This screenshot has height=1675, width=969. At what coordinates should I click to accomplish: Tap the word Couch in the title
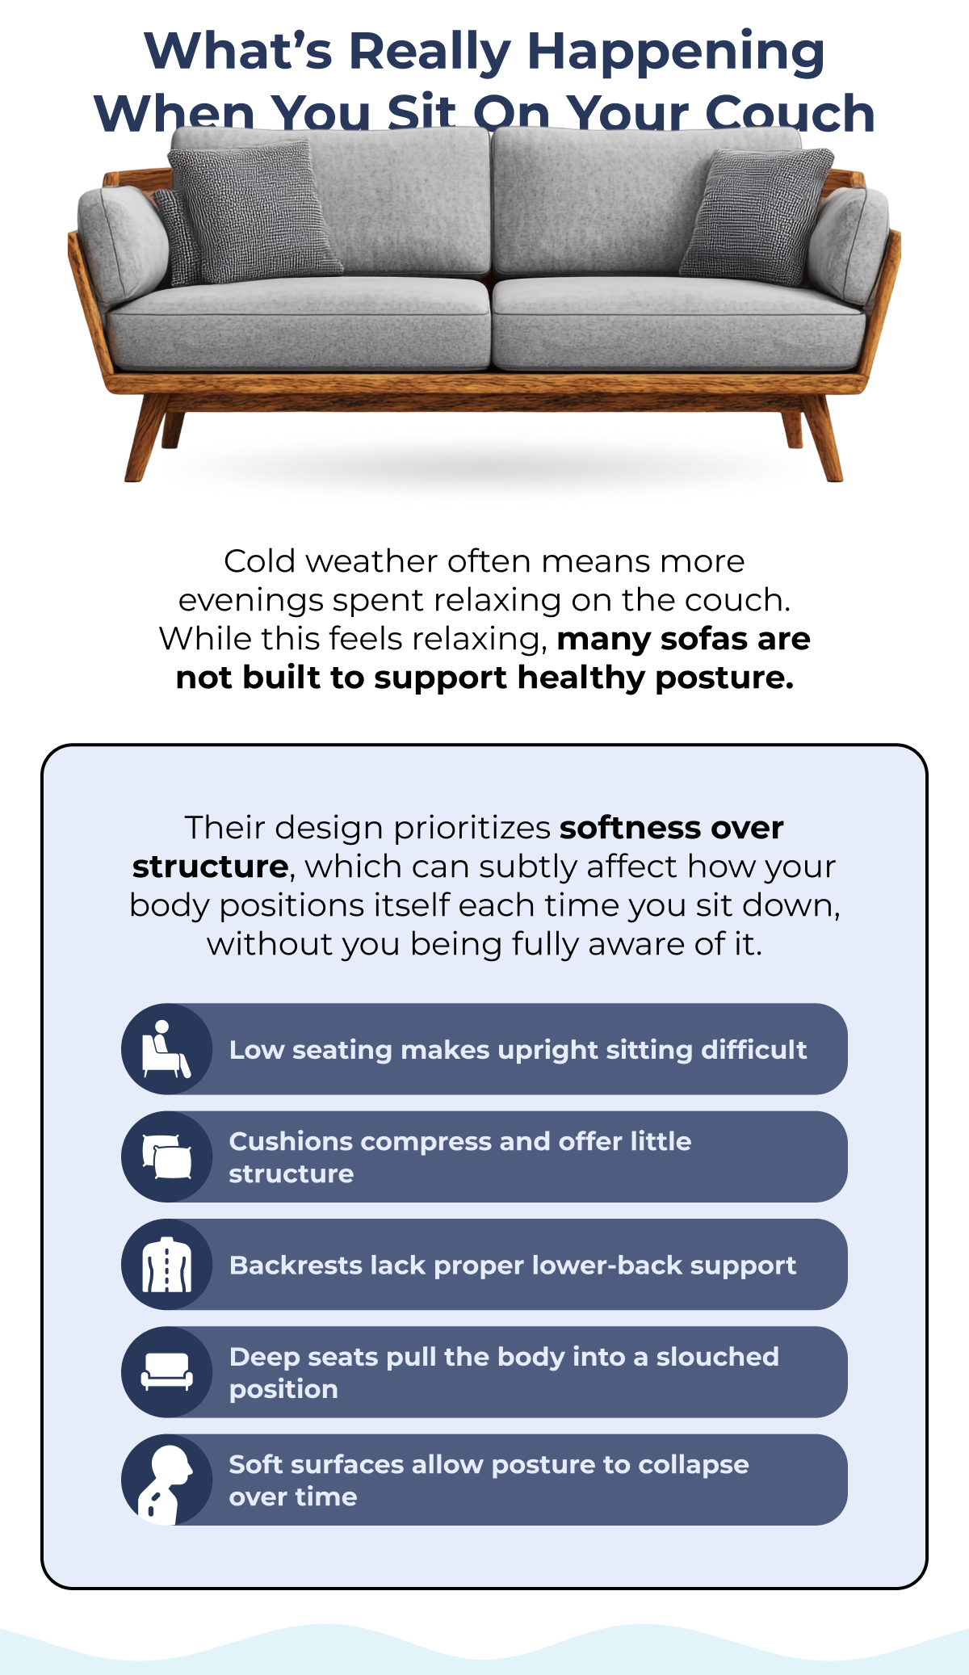(x=790, y=113)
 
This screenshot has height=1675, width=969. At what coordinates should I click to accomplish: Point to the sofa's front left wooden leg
(x=145, y=440)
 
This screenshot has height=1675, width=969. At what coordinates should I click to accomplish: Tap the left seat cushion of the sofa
(x=299, y=323)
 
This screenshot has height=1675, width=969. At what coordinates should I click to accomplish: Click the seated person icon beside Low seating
(x=166, y=1049)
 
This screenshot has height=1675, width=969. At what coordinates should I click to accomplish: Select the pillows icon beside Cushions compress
(x=166, y=1157)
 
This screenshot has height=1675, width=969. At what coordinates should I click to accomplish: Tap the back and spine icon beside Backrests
(x=166, y=1265)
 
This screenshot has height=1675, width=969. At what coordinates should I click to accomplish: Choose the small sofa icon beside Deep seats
(x=166, y=1371)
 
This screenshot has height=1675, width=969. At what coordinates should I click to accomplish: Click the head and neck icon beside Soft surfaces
(x=166, y=1480)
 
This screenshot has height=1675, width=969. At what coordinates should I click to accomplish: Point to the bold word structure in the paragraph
(x=210, y=867)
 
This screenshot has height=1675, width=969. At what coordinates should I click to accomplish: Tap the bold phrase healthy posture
(x=655, y=678)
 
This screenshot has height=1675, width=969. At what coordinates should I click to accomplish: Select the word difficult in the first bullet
(x=753, y=1050)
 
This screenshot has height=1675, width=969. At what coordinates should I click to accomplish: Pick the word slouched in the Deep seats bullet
(x=717, y=1357)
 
